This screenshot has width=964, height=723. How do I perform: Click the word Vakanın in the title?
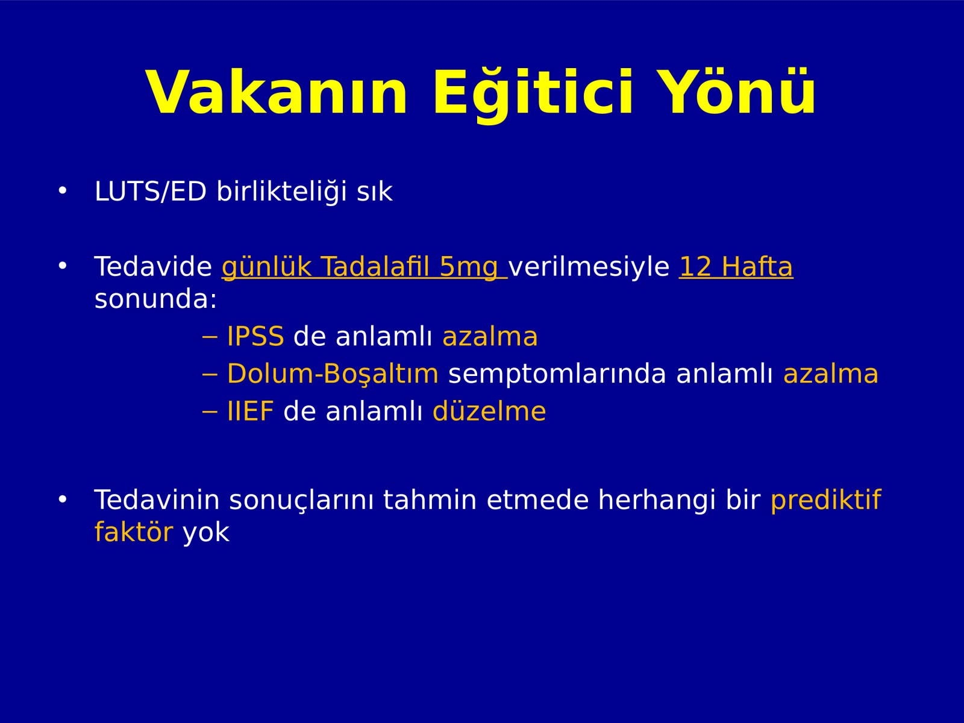click(277, 92)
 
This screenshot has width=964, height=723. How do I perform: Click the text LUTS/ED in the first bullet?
click(150, 192)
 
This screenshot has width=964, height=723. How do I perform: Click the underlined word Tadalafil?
click(375, 266)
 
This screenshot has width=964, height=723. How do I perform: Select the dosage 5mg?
click(469, 268)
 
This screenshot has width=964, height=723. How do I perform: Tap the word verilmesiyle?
click(589, 267)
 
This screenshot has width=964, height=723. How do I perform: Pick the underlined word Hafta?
click(757, 266)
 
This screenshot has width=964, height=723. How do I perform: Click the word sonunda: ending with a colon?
click(156, 299)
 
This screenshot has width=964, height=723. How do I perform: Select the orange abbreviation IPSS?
click(255, 337)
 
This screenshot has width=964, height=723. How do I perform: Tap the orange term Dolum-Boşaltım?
click(333, 375)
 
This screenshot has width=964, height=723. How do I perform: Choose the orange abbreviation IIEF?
click(250, 412)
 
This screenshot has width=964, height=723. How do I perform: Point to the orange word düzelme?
click(489, 412)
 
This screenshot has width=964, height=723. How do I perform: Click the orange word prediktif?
click(825, 501)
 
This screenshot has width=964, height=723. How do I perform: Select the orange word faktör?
click(134, 532)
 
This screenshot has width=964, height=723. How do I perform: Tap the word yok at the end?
click(206, 533)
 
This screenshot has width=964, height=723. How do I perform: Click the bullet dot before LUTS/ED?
click(63, 190)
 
